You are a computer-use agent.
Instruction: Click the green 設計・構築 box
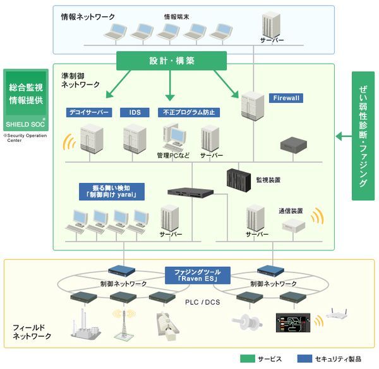pos(172,61)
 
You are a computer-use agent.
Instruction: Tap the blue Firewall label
pos(287,98)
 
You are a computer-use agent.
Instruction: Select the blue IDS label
pos(135,112)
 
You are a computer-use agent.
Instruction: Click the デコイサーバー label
pos(89,112)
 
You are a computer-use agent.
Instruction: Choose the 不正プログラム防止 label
pos(189,112)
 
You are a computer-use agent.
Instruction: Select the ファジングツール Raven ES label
pos(196,274)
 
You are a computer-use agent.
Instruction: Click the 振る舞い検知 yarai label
pos(113,191)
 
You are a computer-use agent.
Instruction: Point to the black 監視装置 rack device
pos(239,180)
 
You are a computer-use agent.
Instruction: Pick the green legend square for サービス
pos(248,359)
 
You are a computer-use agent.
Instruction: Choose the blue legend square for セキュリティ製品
pos(307,359)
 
